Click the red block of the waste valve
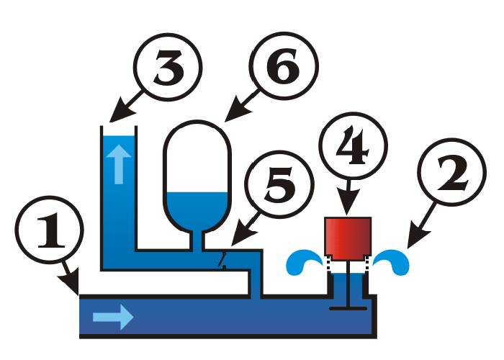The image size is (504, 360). point(348,238)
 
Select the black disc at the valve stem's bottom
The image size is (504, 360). point(348,307)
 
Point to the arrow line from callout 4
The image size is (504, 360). point(348,200)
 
